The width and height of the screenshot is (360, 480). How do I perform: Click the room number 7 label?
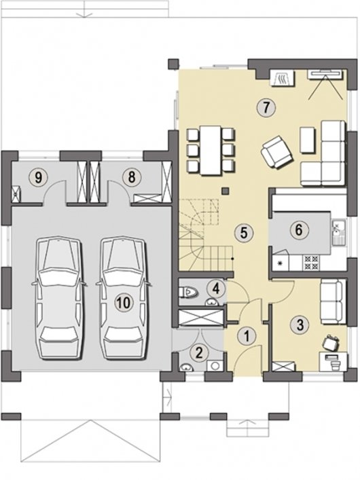pos(266,107)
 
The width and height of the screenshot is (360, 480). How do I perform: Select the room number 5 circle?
pos(244,233)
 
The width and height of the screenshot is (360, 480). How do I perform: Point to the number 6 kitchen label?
pos(299,229)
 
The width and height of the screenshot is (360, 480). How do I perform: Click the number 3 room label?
pos(300,325)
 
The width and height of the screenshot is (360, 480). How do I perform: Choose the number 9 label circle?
pos(38,177)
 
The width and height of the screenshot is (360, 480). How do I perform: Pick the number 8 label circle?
pos(132,177)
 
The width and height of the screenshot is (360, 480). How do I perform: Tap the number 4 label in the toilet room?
pos(216,289)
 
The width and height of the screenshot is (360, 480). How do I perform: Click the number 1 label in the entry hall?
pos(247,336)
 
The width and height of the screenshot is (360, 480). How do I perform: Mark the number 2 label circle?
pos(199,353)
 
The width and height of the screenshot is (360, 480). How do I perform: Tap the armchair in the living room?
pos(276,153)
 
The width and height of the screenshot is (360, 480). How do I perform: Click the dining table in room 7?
pos(211,150)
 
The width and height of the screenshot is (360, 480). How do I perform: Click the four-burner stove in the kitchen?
pos(311,262)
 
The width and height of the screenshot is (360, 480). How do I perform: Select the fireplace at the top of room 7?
pos(283,77)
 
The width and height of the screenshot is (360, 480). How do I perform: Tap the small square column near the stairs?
pos(226,191)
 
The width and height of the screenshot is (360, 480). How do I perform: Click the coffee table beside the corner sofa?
pos(308,140)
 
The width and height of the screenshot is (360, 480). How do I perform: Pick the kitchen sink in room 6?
pos(338,232)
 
